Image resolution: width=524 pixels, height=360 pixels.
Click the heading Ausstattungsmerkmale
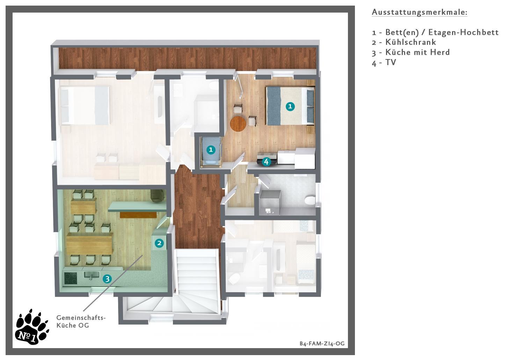tap(420, 12)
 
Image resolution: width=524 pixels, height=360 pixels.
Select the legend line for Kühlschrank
tap(404, 42)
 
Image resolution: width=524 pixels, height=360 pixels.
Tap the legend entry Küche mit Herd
tap(411, 52)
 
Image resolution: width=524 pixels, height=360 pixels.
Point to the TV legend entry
tap(384, 63)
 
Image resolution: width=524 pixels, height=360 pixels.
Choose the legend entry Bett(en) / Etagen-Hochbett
tap(435, 32)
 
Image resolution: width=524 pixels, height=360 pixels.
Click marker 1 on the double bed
tap(290, 107)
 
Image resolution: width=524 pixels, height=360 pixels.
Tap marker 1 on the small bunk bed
tap(211, 150)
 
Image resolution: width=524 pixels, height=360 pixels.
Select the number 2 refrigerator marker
tap(159, 243)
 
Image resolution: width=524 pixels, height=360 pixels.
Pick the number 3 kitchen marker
tap(107, 279)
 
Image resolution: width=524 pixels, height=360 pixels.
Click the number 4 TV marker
tap(266, 162)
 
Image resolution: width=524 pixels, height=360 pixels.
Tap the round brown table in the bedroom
tap(238, 124)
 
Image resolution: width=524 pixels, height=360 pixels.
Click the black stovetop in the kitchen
tap(71, 279)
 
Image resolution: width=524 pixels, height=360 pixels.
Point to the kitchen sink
tap(91, 275)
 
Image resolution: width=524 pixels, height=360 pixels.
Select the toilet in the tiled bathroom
tap(310, 200)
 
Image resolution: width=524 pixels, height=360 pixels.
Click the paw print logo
tap(32, 327)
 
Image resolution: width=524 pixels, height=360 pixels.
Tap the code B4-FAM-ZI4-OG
tap(322, 343)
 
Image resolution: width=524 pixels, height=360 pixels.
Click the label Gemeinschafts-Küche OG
tap(81, 322)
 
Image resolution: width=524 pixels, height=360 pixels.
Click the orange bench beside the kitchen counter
tap(138, 215)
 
